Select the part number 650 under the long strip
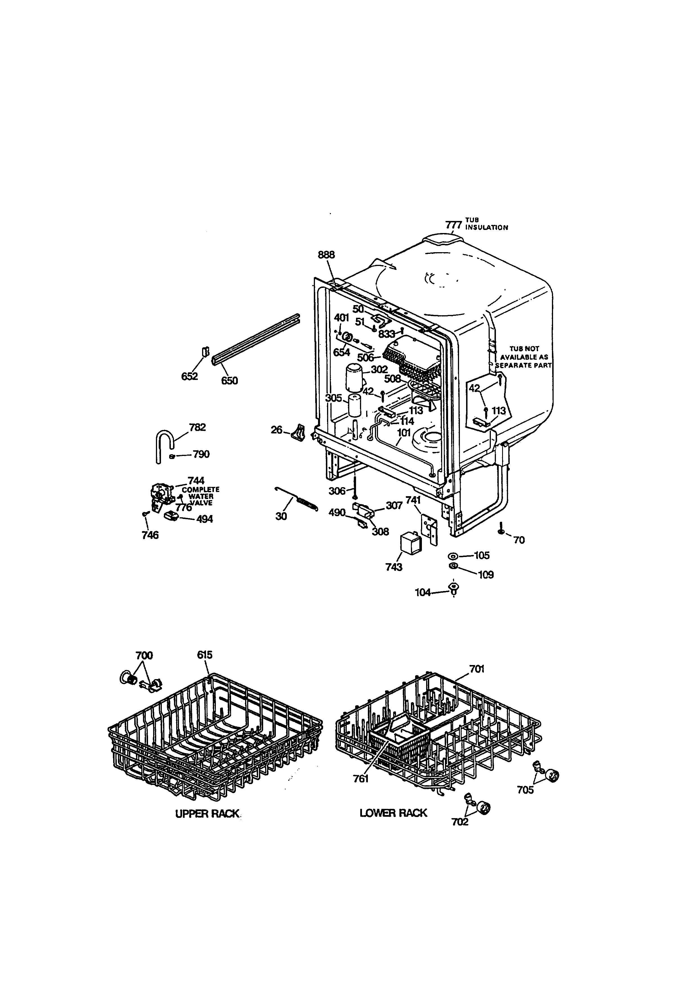click(x=229, y=381)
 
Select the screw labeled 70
click(x=501, y=530)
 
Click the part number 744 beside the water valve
click(x=196, y=481)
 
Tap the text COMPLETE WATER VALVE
click(x=201, y=496)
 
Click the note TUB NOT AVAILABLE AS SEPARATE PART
click(x=524, y=357)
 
